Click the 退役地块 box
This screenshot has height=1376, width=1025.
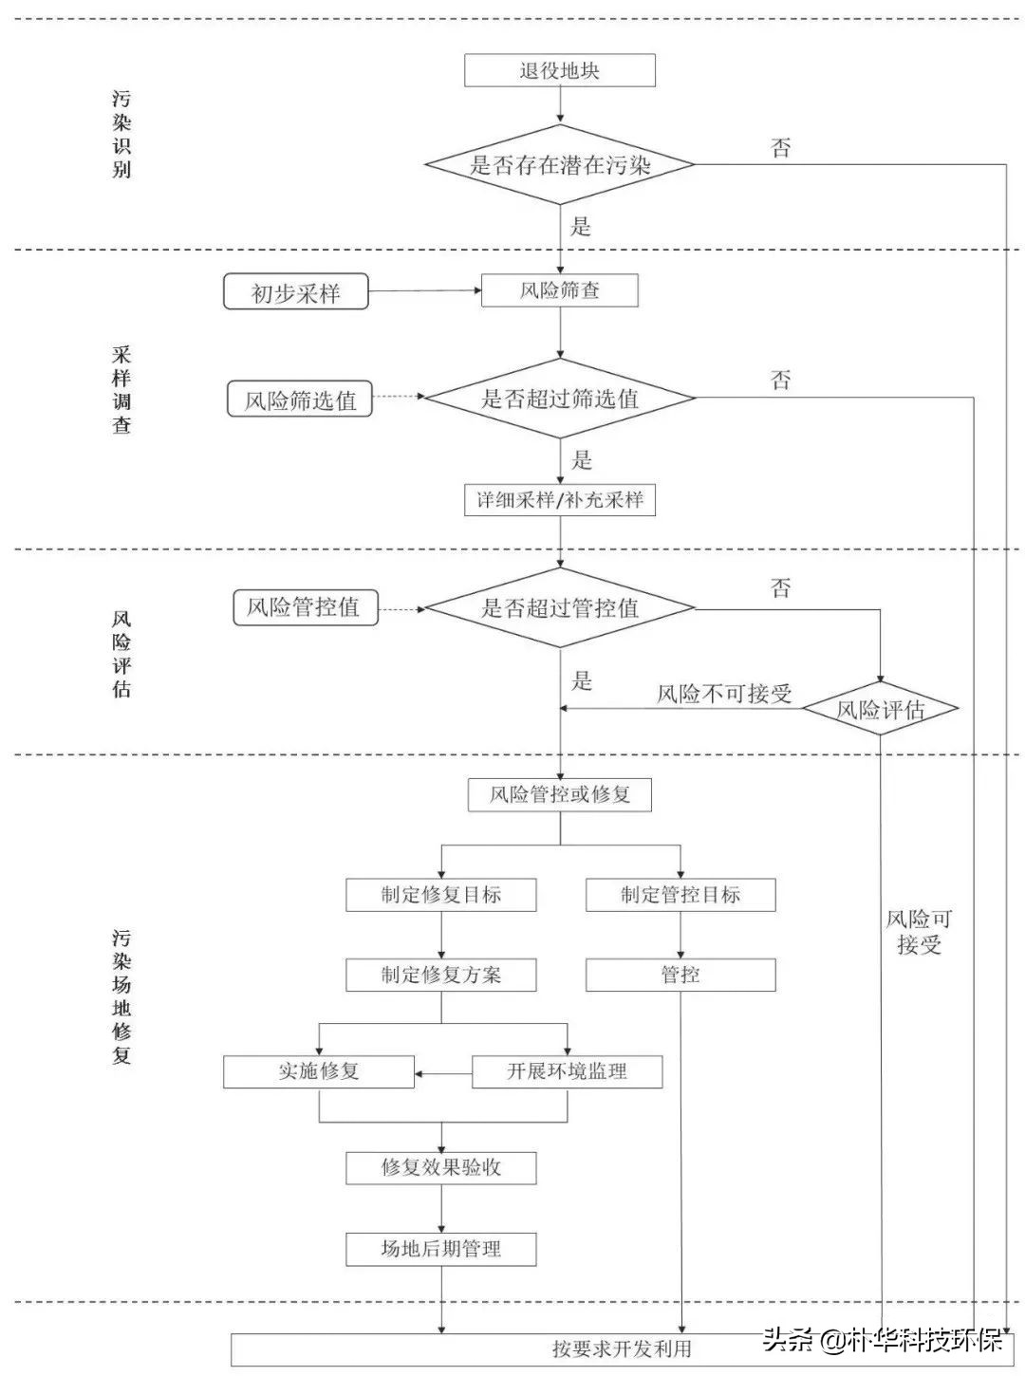coord(559,70)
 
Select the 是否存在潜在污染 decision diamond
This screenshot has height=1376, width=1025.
coord(559,164)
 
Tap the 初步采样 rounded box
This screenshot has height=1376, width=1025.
coord(295,292)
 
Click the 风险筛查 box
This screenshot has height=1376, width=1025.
coord(559,290)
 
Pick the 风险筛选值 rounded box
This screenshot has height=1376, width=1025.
coord(300,400)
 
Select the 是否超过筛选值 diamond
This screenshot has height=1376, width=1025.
coord(559,399)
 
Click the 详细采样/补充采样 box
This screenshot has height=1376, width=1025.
coord(559,500)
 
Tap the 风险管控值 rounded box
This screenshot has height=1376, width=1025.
coord(305,607)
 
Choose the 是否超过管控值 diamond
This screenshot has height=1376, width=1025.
coord(559,607)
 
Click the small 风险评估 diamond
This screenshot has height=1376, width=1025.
coord(880,709)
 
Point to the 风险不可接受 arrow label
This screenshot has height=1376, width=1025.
coord(724,694)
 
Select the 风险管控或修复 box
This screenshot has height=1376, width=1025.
coord(559,794)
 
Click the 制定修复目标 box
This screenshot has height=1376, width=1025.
coord(440,895)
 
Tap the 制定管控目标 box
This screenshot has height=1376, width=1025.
coord(680,895)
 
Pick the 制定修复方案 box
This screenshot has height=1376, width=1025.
coord(440,975)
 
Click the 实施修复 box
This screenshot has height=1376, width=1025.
coord(318,1071)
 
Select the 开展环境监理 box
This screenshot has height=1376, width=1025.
coord(567,1071)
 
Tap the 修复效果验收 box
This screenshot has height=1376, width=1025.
coord(440,1167)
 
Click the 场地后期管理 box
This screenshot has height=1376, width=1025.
coord(440,1249)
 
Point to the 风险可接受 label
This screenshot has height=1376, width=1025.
coord(918,931)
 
